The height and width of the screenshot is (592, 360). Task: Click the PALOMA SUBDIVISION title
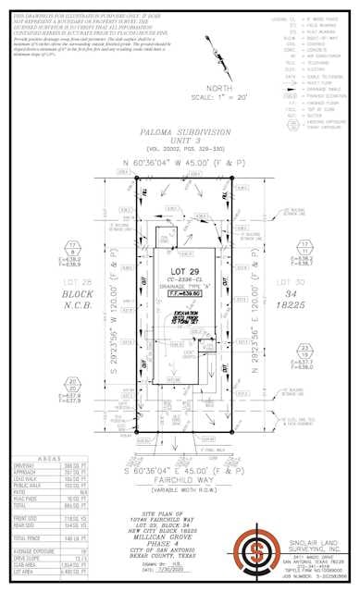[181, 133]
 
